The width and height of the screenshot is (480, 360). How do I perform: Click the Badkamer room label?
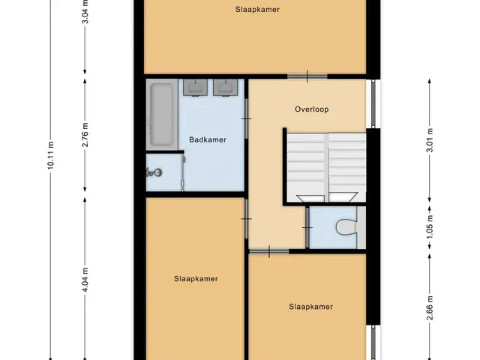tap(208, 140)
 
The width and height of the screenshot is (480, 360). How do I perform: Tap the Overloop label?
tap(312, 109)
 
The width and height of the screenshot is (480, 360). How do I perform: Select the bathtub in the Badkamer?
tap(162, 115)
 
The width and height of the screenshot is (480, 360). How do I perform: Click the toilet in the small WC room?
tap(346, 228)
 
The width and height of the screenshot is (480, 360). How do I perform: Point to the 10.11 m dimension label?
tap(51, 155)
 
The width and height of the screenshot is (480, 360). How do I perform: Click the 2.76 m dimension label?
tap(85, 135)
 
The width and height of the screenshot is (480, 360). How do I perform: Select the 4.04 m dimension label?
tap(85, 280)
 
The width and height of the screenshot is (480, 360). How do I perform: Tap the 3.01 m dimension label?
tap(430, 140)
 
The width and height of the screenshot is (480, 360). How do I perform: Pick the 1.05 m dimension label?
tap(430, 228)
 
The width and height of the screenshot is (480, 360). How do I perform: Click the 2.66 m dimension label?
tap(430, 308)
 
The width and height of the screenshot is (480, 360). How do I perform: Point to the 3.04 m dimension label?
tap(85, 12)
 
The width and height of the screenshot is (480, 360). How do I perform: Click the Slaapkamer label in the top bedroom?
tap(257, 10)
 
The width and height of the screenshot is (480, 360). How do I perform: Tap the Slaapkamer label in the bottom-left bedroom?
tap(196, 279)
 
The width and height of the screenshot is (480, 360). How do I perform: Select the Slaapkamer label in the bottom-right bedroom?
tap(310, 307)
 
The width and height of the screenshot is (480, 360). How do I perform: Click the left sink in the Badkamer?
tap(195, 88)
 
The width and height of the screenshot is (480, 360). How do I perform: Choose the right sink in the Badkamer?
tap(225, 88)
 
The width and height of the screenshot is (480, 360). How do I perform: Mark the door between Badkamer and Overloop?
tap(246, 118)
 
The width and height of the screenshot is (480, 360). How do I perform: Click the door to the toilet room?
tap(307, 227)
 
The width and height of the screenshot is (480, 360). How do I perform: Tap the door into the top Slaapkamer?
tap(307, 76)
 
